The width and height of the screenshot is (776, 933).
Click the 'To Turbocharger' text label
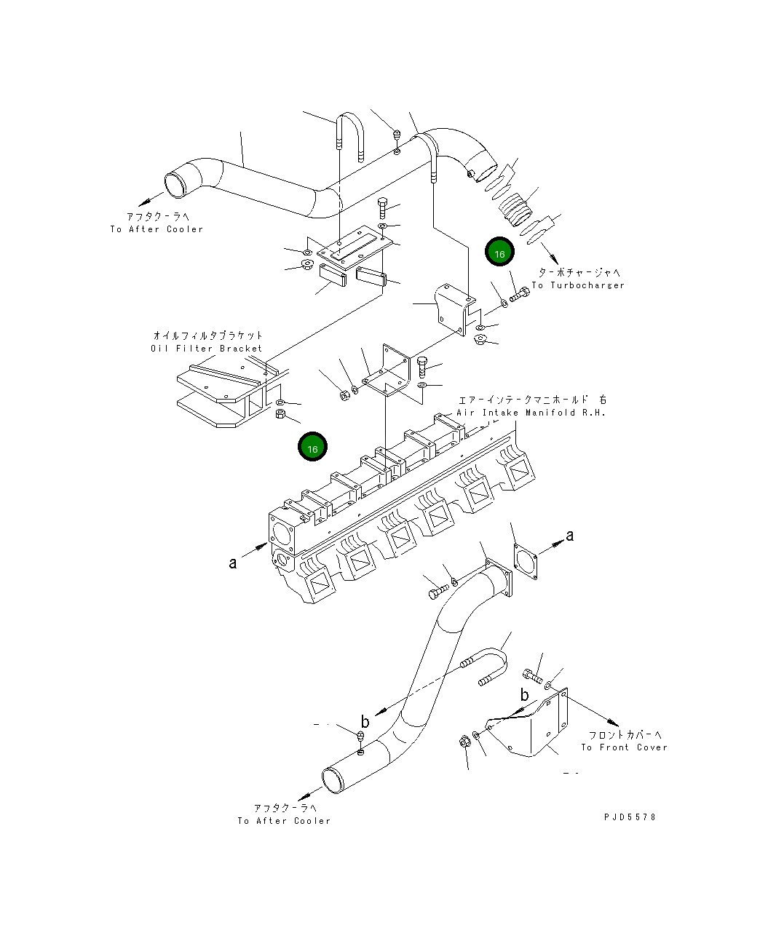click(x=578, y=285)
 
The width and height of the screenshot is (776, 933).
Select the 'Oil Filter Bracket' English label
click(x=207, y=349)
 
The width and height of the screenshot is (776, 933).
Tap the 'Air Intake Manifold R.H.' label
click(x=531, y=413)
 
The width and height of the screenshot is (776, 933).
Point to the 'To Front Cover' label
click(x=624, y=747)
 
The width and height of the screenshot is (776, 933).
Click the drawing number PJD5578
click(x=630, y=817)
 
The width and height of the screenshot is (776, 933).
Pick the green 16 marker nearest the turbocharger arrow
click(x=499, y=254)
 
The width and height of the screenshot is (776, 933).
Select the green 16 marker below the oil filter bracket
click(x=312, y=448)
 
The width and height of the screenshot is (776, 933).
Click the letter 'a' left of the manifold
click(x=233, y=563)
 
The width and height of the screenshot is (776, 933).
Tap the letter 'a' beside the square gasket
click(x=570, y=536)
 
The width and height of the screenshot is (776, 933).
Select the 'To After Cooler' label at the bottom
click(x=284, y=821)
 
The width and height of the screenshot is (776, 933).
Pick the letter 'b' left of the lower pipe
click(x=365, y=722)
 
